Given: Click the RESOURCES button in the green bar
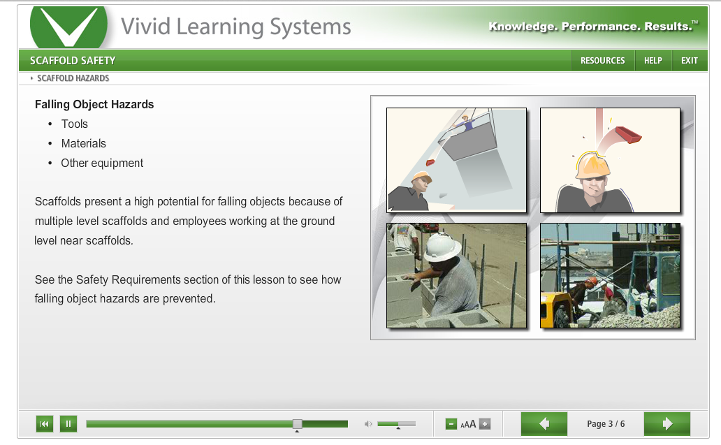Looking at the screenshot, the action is (602, 61).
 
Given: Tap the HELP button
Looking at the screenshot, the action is (653, 61).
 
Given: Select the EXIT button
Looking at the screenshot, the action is (690, 61).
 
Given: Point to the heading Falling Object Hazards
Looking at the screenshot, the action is (94, 104).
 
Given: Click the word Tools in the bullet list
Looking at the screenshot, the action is (75, 124).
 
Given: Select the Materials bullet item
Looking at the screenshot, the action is (84, 143).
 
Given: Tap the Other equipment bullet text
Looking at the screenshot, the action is (102, 163).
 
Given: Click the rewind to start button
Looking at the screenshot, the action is (45, 424).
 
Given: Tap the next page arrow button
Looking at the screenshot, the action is (667, 423).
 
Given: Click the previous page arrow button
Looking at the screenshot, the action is (544, 423).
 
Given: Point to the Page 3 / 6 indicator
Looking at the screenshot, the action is (606, 424).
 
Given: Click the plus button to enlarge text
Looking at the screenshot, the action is (485, 424).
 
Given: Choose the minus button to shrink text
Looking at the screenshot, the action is (451, 424).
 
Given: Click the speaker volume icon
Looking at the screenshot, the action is (368, 424).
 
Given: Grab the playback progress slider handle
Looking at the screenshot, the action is (298, 424).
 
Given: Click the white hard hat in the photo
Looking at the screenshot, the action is (442, 247).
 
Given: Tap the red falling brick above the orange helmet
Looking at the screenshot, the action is (628, 134).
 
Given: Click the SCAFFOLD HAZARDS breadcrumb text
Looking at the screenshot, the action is (73, 78).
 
